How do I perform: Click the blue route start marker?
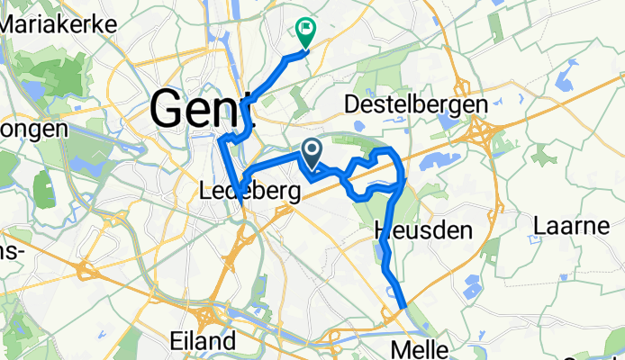click(312, 152)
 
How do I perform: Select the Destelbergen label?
click(416, 105)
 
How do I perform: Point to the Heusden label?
click(422, 231)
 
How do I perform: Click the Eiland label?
click(204, 341)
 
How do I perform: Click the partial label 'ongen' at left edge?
click(33, 130)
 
